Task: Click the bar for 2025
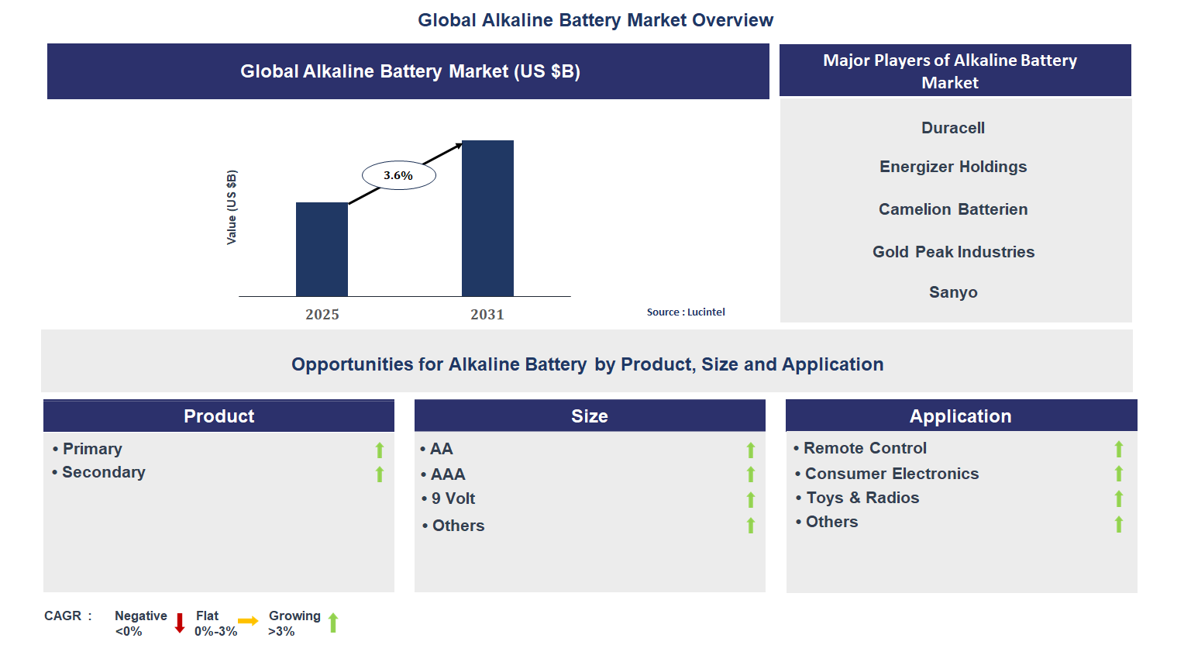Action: (x=322, y=249)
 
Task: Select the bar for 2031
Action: (x=487, y=218)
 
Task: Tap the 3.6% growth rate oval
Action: (x=398, y=175)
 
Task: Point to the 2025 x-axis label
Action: (x=322, y=314)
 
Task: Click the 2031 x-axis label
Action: (x=487, y=314)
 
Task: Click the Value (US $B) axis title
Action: (x=232, y=208)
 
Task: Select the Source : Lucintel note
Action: (x=686, y=312)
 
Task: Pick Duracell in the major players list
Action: (x=953, y=128)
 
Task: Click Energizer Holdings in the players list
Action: (x=953, y=167)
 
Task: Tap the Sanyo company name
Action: (x=953, y=292)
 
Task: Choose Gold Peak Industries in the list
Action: (x=953, y=252)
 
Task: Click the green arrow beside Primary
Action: (x=380, y=450)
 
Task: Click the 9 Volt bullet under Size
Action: (x=453, y=498)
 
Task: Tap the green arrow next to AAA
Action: (x=750, y=474)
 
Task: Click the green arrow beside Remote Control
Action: (x=1118, y=449)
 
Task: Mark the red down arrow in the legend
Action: (x=180, y=623)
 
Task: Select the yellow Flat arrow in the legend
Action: (x=248, y=621)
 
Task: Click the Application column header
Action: (x=961, y=416)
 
